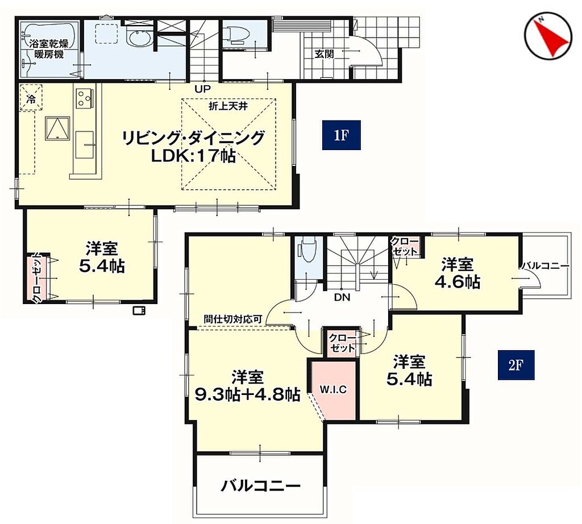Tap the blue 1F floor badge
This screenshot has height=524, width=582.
pyautogui.click(x=341, y=135)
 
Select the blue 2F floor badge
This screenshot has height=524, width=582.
pyautogui.click(x=516, y=365)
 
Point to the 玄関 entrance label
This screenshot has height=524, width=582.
pyautogui.click(x=325, y=54)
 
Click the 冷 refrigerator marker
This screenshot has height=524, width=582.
pyautogui.click(x=31, y=99)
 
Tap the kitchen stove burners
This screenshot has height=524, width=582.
pyautogui.click(x=84, y=98)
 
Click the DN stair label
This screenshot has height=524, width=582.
pyautogui.click(x=342, y=298)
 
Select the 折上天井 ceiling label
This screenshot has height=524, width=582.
pyautogui.click(x=228, y=106)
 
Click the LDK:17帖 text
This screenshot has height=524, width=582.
pyautogui.click(x=193, y=156)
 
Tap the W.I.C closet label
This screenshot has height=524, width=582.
pyautogui.click(x=333, y=390)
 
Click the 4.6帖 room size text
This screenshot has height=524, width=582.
pyautogui.click(x=458, y=282)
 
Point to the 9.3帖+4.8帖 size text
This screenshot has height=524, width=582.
pyautogui.click(x=248, y=394)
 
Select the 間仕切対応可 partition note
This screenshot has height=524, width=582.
pyautogui.click(x=233, y=319)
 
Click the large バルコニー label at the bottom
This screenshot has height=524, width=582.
pyautogui.click(x=260, y=486)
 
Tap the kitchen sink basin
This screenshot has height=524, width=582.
pyautogui.click(x=85, y=144)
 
